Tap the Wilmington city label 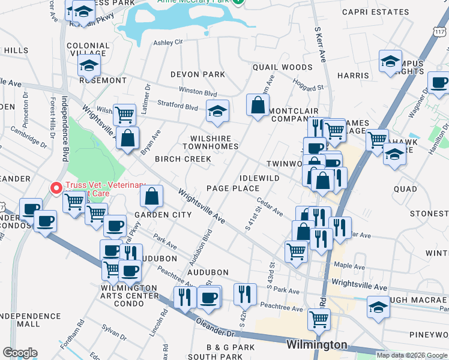[316, 345]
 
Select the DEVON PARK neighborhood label [197, 74]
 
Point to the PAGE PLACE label [233, 188]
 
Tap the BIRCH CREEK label [183, 159]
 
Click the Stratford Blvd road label [178, 107]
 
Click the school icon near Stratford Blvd [218, 110]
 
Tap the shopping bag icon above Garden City [152, 196]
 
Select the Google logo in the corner [20, 353]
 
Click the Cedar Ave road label [269, 208]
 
